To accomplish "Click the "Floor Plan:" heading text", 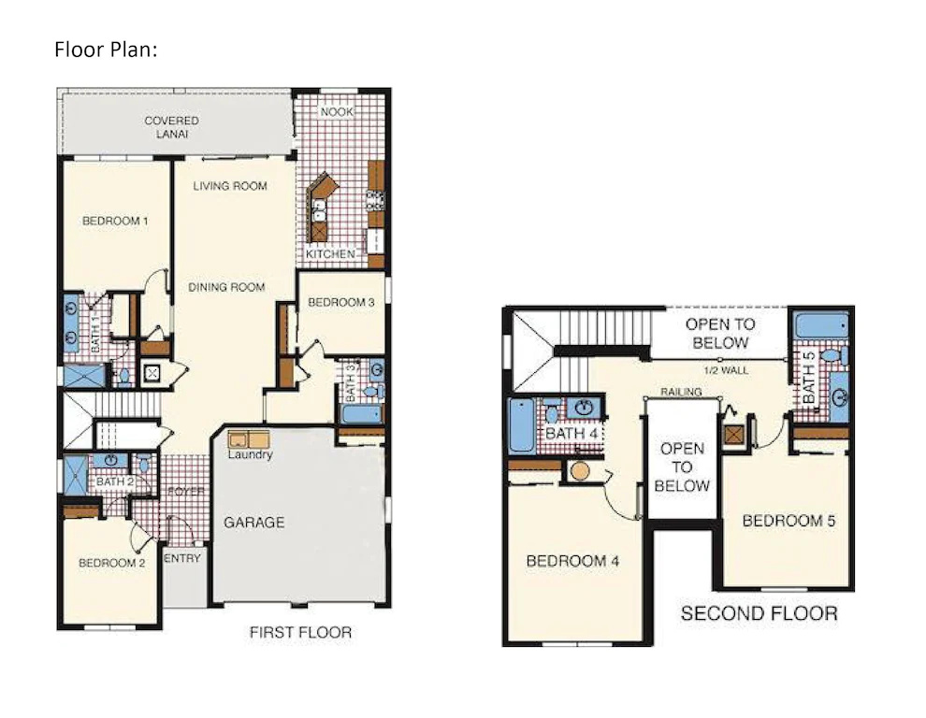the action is point(106,49).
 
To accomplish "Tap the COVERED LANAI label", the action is point(172,127).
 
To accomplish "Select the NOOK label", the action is point(337,111).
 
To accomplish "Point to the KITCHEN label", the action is point(331,254).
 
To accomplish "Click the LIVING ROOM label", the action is point(230,186).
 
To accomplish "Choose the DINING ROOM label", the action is point(226,288).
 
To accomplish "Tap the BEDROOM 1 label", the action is point(115,221).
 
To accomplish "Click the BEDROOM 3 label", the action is point(341,302).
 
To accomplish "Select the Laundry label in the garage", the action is point(251,454).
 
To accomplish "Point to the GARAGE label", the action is point(253,523).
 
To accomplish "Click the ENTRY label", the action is point(182,558).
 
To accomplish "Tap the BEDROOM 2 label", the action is point(112,564).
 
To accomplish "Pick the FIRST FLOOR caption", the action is point(300,632).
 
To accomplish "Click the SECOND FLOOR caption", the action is point(760,613).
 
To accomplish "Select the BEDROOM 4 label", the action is point(572,561).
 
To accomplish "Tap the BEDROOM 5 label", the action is point(789,521).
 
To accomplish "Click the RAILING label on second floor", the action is point(682,392).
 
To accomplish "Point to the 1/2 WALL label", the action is point(726,371).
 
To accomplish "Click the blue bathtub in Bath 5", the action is point(821,326).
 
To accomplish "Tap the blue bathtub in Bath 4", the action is point(522,424).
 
